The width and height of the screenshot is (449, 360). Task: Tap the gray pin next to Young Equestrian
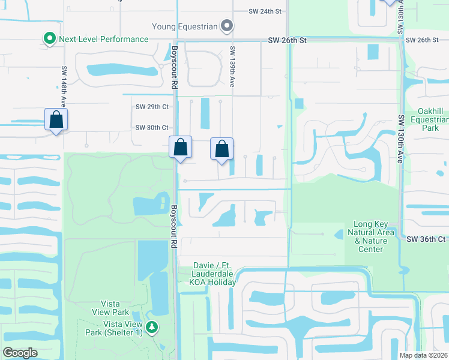tap(227, 26)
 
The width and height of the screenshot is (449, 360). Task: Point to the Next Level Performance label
tap(103, 39)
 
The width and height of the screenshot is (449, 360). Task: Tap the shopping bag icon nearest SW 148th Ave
tap(56, 119)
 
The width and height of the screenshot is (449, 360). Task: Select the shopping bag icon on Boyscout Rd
tap(180, 146)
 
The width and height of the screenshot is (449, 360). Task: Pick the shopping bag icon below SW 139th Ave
tap(221, 148)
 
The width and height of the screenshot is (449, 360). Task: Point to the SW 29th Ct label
tap(152, 107)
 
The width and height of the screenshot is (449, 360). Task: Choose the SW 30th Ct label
tap(152, 127)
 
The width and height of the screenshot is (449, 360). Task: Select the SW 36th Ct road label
tap(426, 239)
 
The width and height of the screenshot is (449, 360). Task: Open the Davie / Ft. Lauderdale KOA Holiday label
tap(214, 274)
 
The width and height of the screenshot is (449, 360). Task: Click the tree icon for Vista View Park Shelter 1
tap(152, 327)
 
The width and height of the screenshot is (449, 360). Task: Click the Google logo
tap(20, 352)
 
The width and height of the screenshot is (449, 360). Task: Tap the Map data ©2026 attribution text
tap(423, 355)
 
